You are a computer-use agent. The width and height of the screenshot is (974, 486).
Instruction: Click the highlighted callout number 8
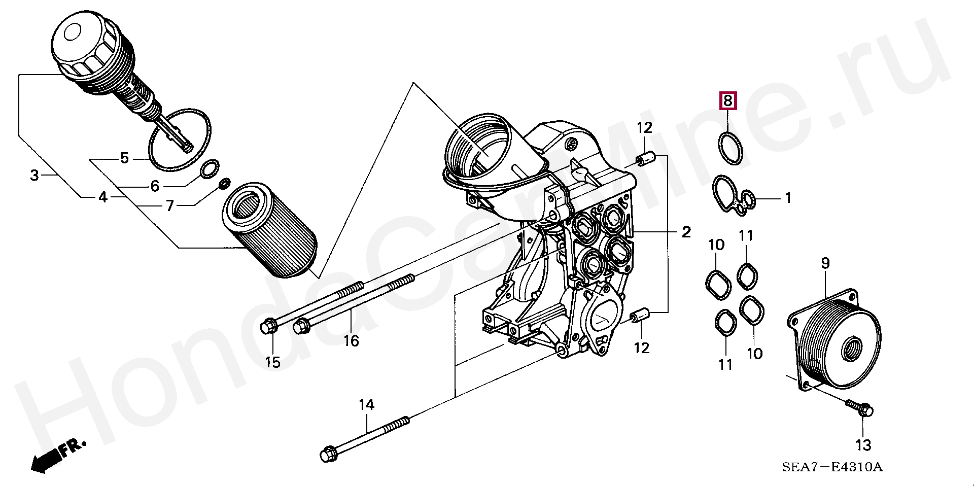(727, 101)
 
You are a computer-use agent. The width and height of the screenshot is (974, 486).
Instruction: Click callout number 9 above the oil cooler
(825, 263)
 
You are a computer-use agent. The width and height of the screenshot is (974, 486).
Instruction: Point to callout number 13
(863, 445)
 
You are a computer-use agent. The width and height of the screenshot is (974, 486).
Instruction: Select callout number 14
(366, 405)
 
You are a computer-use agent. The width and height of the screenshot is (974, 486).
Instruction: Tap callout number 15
(273, 362)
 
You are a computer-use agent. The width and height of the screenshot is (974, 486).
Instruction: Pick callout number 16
(351, 340)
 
